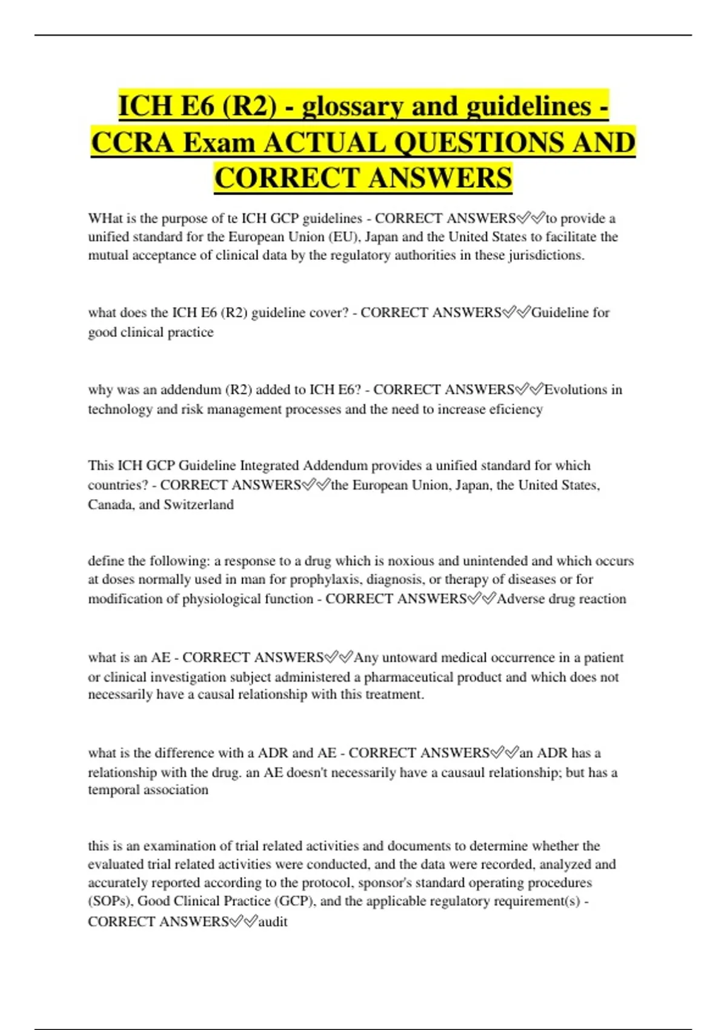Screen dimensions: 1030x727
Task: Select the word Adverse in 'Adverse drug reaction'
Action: (x=520, y=599)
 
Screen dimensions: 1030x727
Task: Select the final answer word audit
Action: (x=273, y=922)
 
